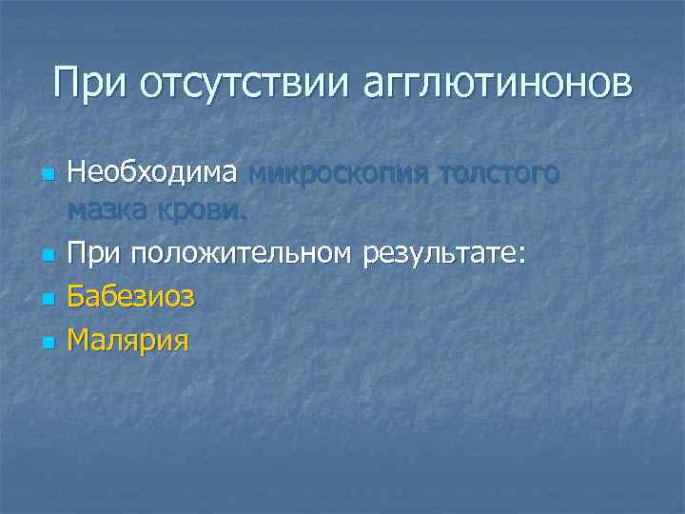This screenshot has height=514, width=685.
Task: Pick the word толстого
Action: point(501,174)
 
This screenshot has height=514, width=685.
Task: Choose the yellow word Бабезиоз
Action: point(130,296)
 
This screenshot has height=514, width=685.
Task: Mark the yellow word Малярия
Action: point(127,339)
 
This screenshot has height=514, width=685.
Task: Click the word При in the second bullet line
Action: point(93,253)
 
